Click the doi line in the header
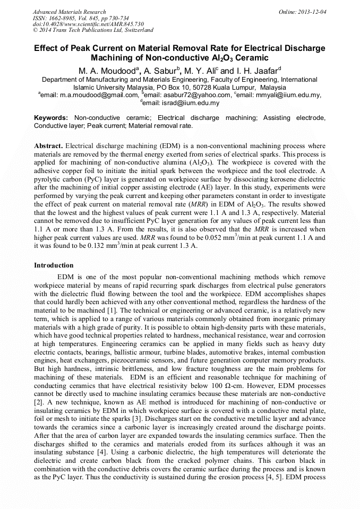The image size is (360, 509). tap(88, 24)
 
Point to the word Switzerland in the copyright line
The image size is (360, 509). tap(136, 31)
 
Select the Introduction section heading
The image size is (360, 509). tap(54, 265)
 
